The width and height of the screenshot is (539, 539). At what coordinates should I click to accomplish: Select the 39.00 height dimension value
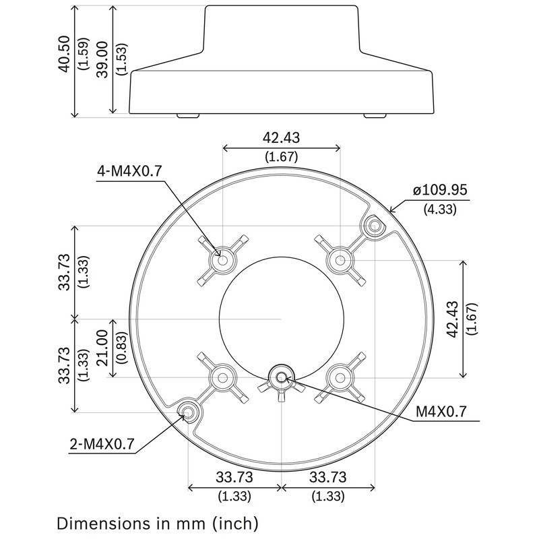coord(103,59)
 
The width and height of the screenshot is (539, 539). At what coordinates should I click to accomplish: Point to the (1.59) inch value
coord(82,57)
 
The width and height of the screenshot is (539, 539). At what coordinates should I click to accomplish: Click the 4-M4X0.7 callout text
coord(129,171)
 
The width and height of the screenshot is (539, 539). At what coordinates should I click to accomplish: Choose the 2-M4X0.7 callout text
coord(102,444)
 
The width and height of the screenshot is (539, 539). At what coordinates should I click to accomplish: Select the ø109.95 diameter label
coord(440,189)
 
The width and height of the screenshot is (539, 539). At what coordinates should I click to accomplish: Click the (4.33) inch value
coord(439,209)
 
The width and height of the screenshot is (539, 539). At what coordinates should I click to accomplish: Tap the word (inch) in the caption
coord(234,522)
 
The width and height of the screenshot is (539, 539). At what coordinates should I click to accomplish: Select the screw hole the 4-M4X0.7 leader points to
coord(222,259)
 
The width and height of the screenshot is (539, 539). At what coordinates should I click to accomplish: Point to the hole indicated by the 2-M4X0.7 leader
coord(187,412)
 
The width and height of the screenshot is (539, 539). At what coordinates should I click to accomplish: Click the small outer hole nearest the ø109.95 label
coord(373,226)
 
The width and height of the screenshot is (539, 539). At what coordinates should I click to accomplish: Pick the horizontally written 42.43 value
coord(282,138)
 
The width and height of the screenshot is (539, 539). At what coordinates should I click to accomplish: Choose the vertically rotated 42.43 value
coord(452,318)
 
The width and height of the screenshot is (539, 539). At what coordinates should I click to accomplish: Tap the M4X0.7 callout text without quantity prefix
coord(441,410)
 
